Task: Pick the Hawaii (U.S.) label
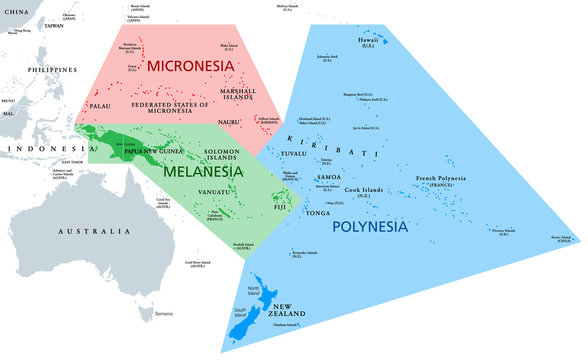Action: [x=367, y=41]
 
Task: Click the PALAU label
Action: [x=101, y=104]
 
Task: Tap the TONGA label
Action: [x=317, y=213]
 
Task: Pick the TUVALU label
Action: [x=293, y=153]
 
